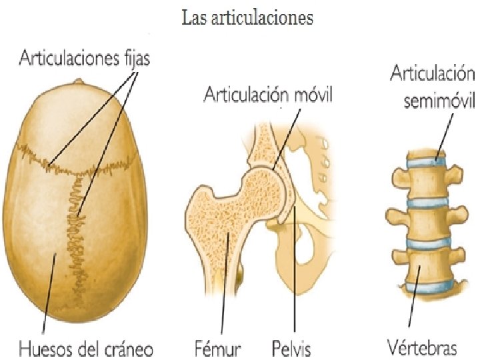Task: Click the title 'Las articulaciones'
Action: point(247,18)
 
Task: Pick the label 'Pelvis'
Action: point(291,348)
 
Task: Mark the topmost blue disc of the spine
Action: point(427,161)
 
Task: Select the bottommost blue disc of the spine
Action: point(427,287)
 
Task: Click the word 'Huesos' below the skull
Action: point(42,348)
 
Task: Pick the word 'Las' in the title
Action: point(193,18)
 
